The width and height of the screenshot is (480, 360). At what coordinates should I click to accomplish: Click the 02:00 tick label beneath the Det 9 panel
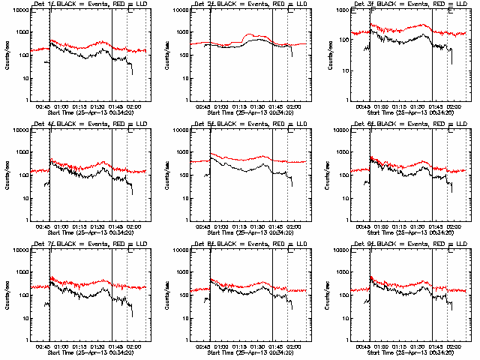[454, 346]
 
